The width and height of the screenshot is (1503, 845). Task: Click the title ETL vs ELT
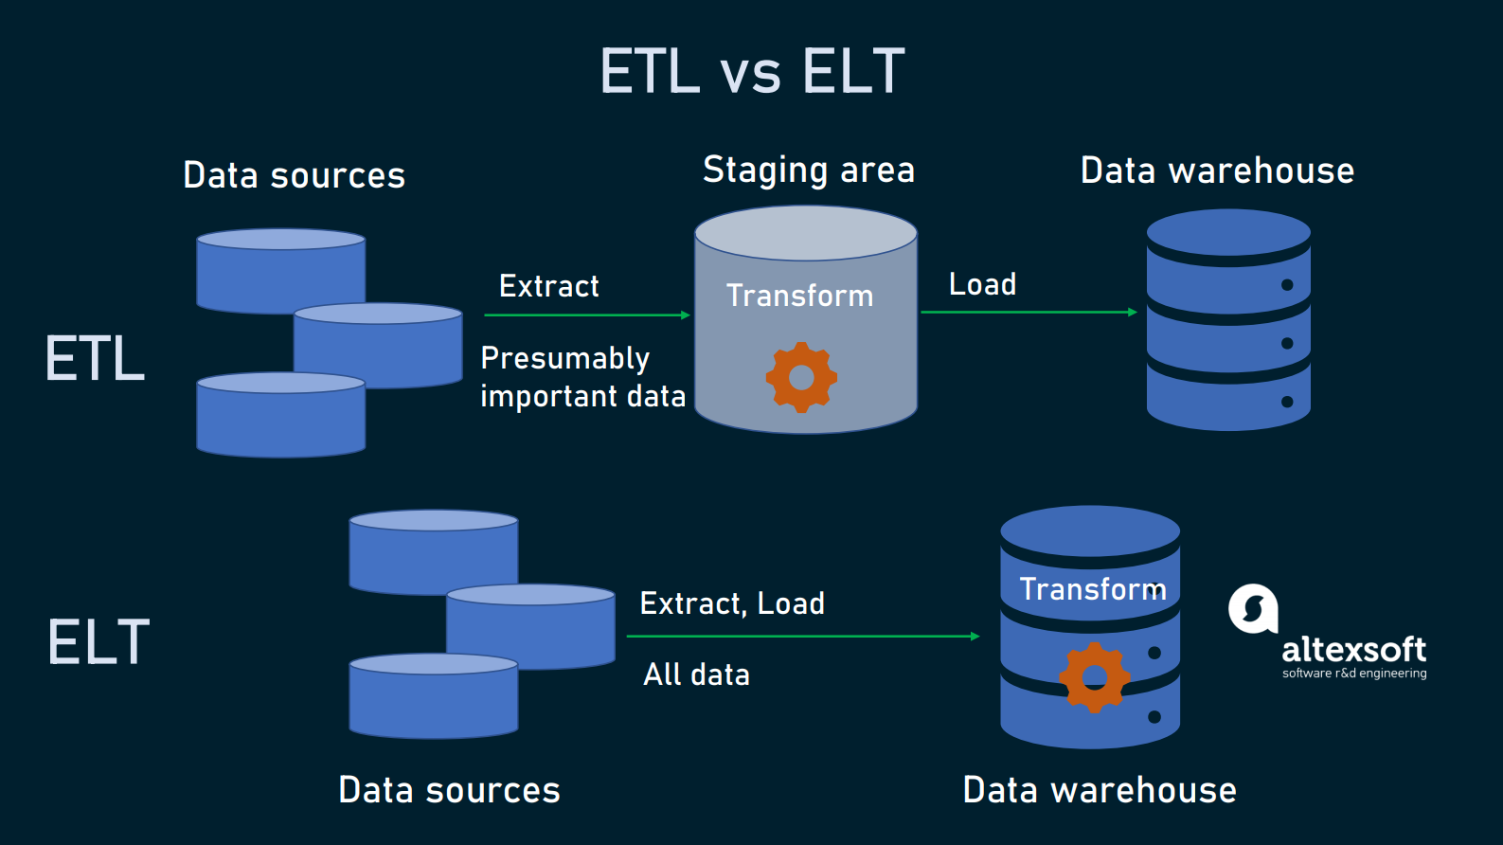(x=752, y=72)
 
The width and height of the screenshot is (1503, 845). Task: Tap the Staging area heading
(x=808, y=171)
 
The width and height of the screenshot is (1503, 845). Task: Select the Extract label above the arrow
(x=548, y=286)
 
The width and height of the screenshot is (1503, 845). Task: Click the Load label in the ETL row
(x=982, y=284)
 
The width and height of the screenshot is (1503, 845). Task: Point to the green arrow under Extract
(x=586, y=315)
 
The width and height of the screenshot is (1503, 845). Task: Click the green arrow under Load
(x=1029, y=312)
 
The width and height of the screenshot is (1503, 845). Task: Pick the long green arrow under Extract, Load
(x=802, y=637)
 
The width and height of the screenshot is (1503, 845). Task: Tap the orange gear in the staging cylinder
(x=801, y=377)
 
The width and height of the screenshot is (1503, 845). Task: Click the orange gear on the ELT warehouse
(x=1094, y=676)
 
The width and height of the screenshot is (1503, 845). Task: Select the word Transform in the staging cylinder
(x=799, y=296)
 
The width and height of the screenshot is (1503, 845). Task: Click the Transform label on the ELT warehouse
(x=1092, y=589)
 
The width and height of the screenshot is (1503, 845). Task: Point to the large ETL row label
(x=95, y=359)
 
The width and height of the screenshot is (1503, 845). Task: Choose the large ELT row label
(x=98, y=642)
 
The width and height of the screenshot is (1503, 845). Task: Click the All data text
(x=696, y=674)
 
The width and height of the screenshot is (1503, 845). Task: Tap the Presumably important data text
(x=582, y=377)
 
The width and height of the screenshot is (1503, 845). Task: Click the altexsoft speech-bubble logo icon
(x=1253, y=608)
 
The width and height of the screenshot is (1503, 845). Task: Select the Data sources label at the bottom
(x=449, y=790)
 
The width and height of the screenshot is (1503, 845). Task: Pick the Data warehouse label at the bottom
(x=1099, y=790)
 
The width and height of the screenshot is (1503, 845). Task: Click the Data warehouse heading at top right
(x=1217, y=171)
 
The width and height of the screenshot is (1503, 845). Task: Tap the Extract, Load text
(x=732, y=603)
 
